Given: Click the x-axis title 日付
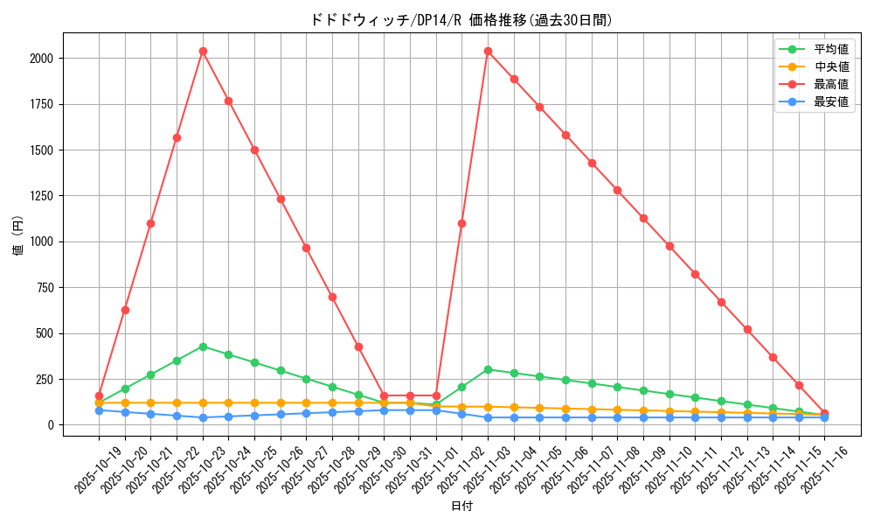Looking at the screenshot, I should point(461,507).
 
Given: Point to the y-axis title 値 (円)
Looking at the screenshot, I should point(18,236).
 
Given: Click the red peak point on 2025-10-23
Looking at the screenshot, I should point(203,51).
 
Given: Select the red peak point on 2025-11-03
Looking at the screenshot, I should point(488,51).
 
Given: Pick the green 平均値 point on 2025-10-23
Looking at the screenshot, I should point(203,346).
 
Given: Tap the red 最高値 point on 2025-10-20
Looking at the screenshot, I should point(125,310).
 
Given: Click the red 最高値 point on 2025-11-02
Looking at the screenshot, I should point(461,223).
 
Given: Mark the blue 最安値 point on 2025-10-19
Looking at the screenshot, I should point(99,410).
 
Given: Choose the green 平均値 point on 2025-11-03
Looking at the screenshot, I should point(488,369).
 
